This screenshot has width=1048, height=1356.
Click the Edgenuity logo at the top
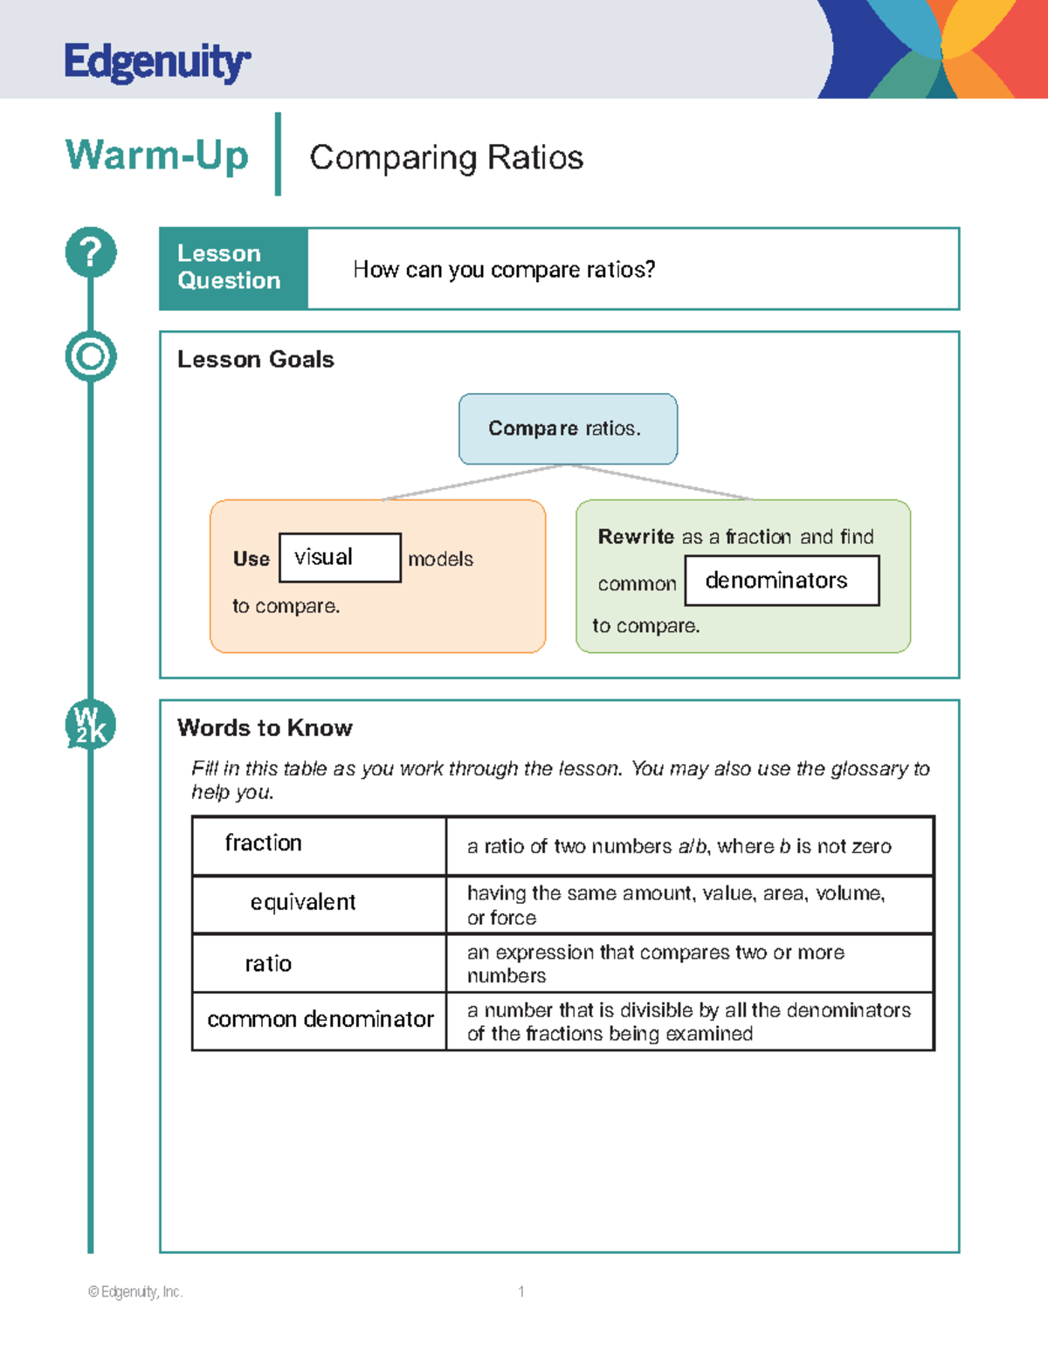157,62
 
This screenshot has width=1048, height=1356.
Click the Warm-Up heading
157,155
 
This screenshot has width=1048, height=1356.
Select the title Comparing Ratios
446,157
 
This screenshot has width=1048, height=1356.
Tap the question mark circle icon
91,252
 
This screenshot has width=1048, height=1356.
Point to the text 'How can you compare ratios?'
504,270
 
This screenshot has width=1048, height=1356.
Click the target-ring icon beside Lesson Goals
91,356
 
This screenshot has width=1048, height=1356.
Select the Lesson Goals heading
255,360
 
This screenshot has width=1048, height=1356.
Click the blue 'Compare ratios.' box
568,429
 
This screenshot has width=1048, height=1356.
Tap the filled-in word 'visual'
324,557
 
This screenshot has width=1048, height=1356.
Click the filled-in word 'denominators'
776,581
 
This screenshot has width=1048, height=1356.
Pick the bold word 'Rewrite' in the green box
636,537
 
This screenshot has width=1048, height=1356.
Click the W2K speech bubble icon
91,725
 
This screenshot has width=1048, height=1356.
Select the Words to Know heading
265,728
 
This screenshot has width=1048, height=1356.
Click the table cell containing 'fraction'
319,844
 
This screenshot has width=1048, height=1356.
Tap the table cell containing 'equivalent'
319,903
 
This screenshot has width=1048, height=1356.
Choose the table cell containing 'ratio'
319,963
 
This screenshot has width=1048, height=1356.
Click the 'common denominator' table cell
320,1020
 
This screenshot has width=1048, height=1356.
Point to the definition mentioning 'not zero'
679,846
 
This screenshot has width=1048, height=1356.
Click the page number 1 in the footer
521,1291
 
